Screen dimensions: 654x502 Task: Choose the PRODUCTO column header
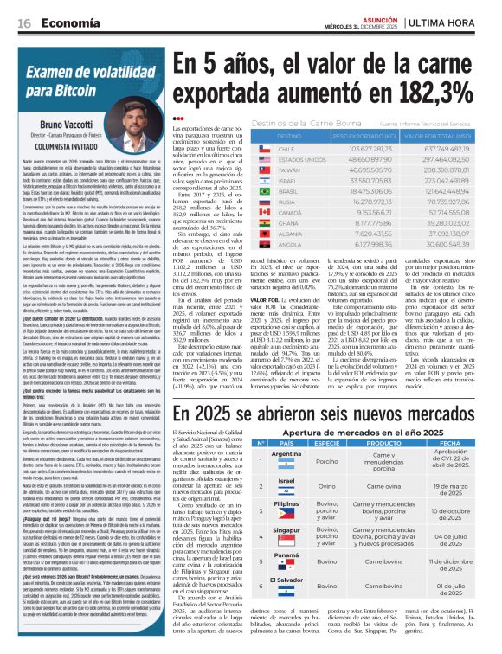click(384, 443)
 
